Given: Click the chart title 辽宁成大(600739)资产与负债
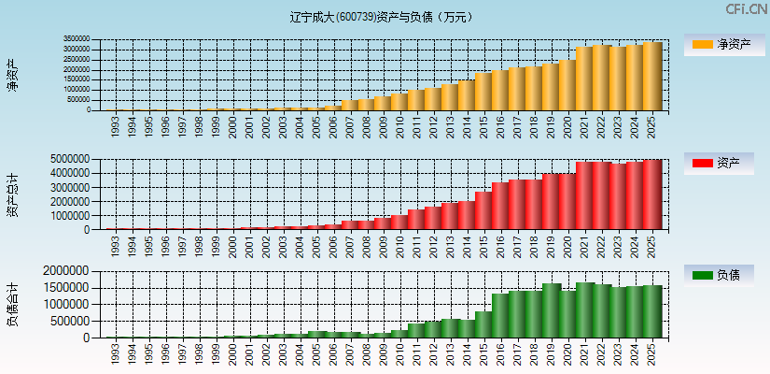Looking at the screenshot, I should [x=381, y=17].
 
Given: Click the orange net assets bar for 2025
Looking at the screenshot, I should [x=651, y=77].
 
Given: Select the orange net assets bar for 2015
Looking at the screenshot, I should [x=483, y=92].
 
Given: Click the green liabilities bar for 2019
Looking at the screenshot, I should [x=551, y=310].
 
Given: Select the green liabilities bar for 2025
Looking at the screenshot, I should [x=651, y=311].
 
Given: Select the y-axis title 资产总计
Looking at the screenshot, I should [x=13, y=194].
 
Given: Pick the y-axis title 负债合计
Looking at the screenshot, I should [x=13, y=305].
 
